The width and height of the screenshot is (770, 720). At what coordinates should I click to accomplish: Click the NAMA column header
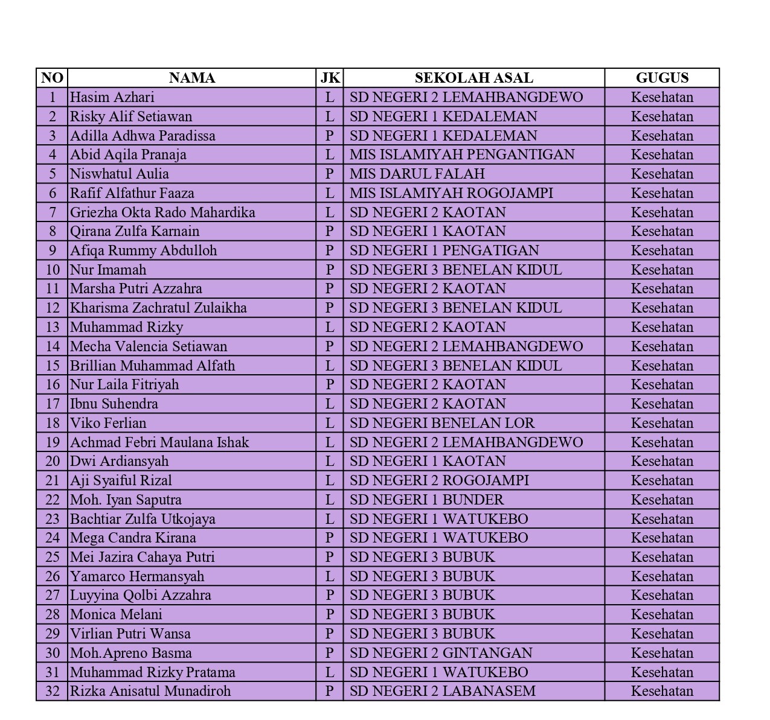point(191,78)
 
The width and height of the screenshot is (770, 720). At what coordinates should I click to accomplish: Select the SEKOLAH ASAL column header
point(473,78)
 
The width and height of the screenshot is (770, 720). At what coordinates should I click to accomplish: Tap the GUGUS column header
point(662,78)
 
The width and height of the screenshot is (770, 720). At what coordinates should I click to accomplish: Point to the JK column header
point(330,78)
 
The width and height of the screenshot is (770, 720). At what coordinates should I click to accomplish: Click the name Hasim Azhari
point(112,97)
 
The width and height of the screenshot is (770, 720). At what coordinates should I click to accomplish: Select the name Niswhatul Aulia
point(120,174)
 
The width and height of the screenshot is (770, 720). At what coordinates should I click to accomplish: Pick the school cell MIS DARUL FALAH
point(417,174)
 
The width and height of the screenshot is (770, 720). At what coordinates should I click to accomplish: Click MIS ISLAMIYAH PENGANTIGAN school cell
point(462,155)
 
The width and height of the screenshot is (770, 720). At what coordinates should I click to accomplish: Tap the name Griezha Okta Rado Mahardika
point(162,212)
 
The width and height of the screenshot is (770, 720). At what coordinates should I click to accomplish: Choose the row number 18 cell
point(53,423)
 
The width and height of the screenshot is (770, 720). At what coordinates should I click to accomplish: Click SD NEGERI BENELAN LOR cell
point(442,423)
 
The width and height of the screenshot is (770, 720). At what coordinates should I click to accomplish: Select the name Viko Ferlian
point(108,423)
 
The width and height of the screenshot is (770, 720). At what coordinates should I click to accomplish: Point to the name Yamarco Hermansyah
point(137,576)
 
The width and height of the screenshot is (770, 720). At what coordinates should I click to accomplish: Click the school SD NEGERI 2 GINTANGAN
point(441,653)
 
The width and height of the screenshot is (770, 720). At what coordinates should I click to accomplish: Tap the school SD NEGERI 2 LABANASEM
point(443,691)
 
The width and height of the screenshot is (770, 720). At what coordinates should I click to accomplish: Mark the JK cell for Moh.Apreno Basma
point(330,653)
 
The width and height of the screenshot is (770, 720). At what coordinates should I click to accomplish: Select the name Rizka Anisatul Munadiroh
point(150,691)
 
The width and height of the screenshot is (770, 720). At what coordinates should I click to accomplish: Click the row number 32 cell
point(53,691)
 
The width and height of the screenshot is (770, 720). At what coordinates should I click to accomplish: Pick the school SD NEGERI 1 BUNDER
point(426,500)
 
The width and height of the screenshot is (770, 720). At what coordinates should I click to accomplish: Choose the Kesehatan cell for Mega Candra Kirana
point(662,538)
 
